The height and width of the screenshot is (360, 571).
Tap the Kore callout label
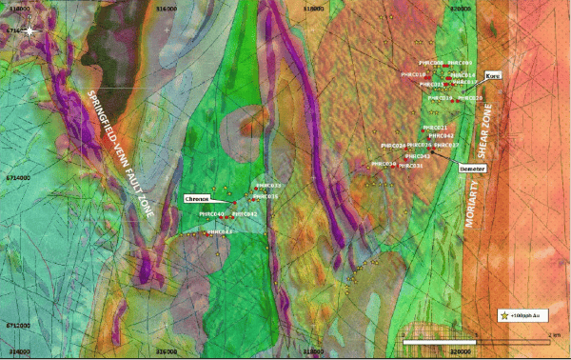pos(492,74)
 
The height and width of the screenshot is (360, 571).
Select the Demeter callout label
pos(472,169)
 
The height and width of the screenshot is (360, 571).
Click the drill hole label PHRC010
pos(413,74)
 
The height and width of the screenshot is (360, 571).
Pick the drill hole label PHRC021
pos(435,128)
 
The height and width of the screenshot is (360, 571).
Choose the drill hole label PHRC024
pos(393,146)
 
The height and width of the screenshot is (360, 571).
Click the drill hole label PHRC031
pos(410,166)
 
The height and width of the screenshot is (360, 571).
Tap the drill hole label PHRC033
pos(268,186)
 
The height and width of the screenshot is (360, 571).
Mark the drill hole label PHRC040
pos(211,214)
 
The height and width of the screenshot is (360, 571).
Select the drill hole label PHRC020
pos(471,98)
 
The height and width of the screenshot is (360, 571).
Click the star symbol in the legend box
pos(504,314)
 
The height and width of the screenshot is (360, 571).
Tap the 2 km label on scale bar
pos(555,334)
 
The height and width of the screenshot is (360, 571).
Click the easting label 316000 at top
pos(166,8)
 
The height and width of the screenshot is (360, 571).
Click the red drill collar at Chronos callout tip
pos(231,203)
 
